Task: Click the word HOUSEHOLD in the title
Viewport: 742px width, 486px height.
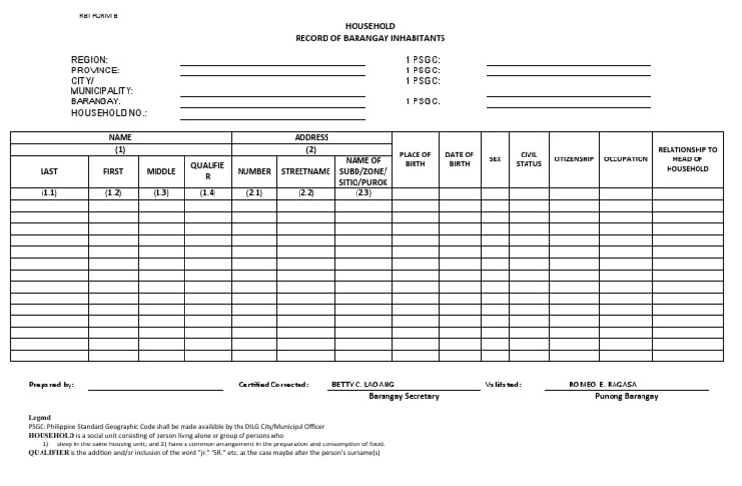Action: pos(370,25)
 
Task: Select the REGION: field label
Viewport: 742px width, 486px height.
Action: pos(90,60)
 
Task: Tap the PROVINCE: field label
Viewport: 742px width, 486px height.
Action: pos(96,71)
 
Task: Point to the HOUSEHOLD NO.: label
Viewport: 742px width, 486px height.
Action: pos(109,113)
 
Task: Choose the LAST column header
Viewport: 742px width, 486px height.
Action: pos(49,171)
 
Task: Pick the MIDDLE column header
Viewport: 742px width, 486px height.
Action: pos(161,171)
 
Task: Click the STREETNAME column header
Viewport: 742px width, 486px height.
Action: pos(306,171)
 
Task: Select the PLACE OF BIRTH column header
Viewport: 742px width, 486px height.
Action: pos(415,159)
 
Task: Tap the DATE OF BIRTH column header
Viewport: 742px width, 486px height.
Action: pos(460,159)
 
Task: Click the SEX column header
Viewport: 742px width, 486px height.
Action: pos(496,159)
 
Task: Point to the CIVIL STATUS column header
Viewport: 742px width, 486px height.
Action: pos(528,159)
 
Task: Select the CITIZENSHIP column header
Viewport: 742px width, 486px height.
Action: pos(573,159)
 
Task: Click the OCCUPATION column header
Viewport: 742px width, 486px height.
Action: pos(625,159)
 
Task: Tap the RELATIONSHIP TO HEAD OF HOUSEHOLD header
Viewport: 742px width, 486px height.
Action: pos(687,159)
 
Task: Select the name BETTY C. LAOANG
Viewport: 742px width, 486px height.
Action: pos(363,384)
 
